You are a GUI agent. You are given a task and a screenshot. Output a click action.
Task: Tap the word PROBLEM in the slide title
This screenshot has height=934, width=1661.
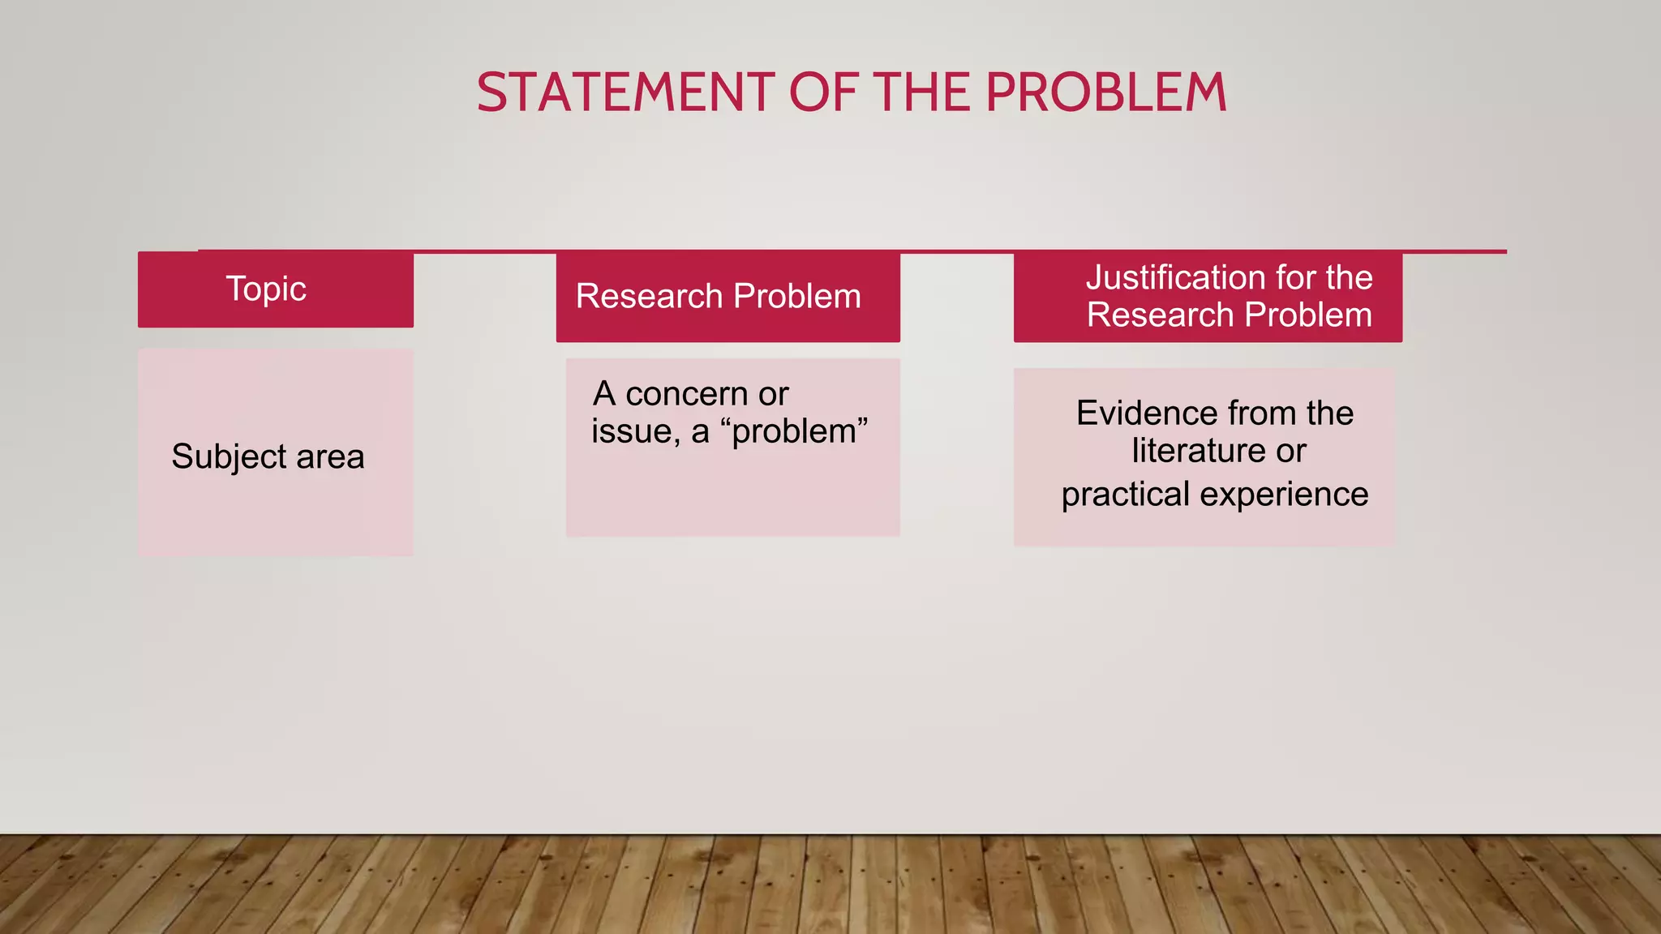click(1106, 92)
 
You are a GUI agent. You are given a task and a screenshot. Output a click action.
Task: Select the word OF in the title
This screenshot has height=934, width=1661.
click(823, 92)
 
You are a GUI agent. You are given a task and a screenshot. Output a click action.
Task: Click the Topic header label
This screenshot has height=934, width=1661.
click(266, 289)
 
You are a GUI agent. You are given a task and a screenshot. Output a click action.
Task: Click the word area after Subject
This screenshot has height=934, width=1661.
click(330, 457)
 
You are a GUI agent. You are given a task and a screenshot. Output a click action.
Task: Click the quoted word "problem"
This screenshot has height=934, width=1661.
click(800, 431)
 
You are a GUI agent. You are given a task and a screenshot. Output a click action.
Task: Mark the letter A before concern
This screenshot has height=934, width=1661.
click(604, 395)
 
